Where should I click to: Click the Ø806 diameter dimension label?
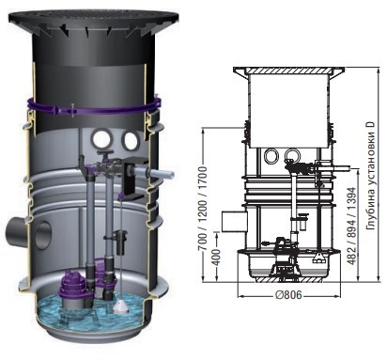289,295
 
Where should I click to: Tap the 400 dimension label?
216,258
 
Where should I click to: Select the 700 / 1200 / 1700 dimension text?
204,209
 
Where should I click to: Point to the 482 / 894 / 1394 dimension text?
352,226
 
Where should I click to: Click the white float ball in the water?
121,306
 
